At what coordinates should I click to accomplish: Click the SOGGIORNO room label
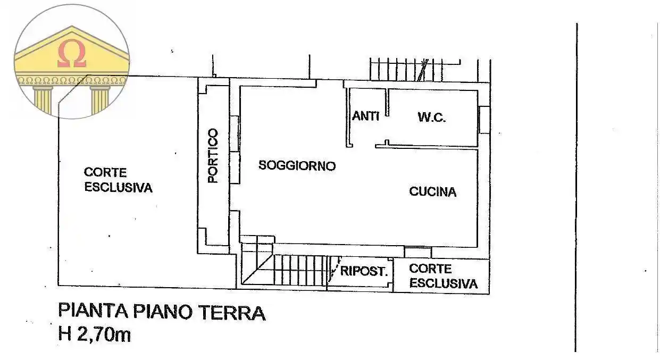tap(297, 165)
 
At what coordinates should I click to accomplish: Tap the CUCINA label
tap(432, 191)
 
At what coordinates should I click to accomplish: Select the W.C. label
tap(431, 118)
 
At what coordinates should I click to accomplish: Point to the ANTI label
tap(365, 115)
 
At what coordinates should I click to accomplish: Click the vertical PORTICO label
tap(213, 155)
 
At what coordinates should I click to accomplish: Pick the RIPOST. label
tap(363, 271)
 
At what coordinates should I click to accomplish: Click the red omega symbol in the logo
tap(72, 55)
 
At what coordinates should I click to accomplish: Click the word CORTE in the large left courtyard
tap(105, 173)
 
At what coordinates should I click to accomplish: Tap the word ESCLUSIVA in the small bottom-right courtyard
tap(443, 283)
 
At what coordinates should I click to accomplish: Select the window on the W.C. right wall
tap(484, 120)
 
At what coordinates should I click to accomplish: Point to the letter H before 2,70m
tap(65, 334)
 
